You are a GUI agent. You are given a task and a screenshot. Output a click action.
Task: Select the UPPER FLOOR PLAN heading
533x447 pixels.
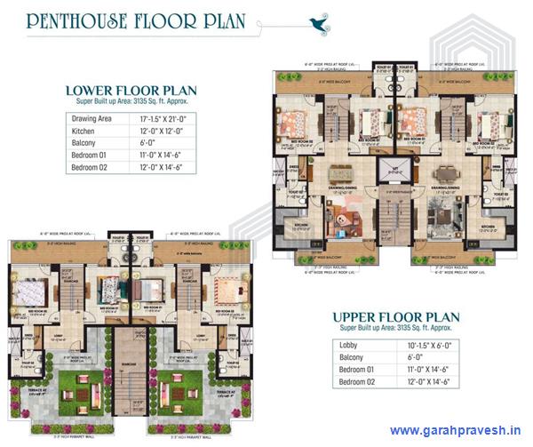tap(397, 316)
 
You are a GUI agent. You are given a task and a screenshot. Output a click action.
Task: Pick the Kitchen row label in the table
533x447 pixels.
tap(85, 131)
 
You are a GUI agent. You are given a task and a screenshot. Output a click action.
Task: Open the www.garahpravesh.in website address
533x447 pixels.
tap(453, 431)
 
